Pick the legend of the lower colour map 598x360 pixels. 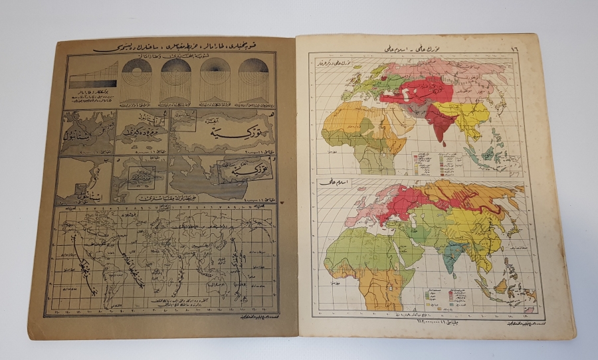tap(439, 295)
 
